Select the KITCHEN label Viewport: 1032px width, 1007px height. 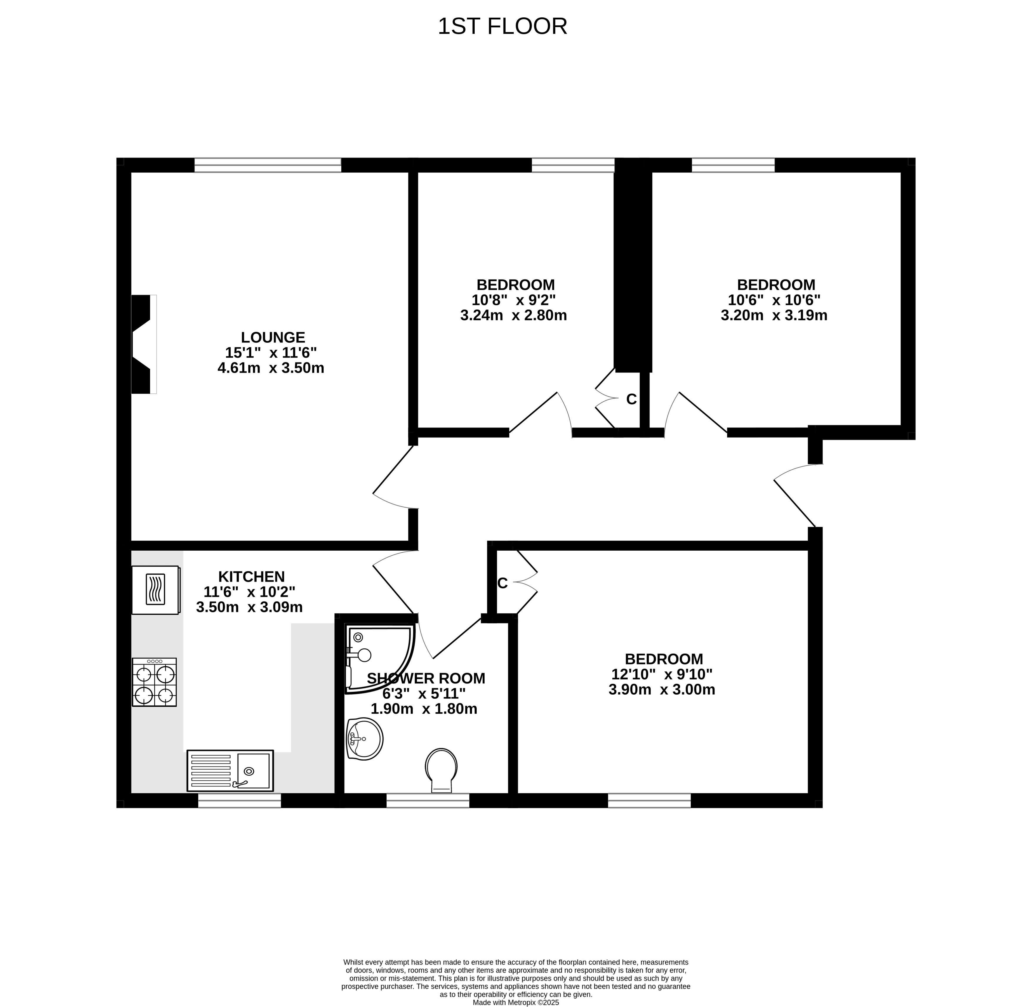pos(252,577)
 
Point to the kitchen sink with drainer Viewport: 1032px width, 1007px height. pos(230,771)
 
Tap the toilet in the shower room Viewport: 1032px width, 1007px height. pos(441,770)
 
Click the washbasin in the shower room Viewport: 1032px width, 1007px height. pos(364,739)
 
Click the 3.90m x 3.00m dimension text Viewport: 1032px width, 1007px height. pos(662,690)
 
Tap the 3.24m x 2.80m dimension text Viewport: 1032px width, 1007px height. pos(514,316)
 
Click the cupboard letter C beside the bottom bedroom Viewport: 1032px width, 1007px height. pos(502,583)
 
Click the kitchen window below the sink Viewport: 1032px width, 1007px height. pos(240,801)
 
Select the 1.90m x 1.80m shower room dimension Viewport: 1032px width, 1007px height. pos(424,709)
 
